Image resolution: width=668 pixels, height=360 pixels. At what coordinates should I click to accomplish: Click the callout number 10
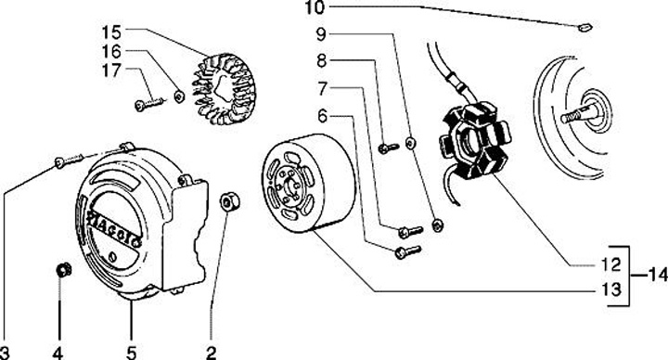coord(315,7)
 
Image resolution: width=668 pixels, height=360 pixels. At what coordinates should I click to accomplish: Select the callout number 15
coord(111,32)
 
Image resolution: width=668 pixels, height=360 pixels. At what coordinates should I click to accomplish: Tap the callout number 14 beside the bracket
coord(658,276)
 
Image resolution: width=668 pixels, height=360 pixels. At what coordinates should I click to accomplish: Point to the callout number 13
coord(611,289)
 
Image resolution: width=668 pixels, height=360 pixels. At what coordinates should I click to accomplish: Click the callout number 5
coord(131,353)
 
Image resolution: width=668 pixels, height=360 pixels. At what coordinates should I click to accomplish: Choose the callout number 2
coord(211,353)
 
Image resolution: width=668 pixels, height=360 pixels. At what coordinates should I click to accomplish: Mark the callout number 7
coord(323,89)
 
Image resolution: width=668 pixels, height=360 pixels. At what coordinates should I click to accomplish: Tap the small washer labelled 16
coord(179,96)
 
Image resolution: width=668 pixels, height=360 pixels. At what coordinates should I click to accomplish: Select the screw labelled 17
coord(149,104)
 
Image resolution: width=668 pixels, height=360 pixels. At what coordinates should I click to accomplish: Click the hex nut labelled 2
coord(230,201)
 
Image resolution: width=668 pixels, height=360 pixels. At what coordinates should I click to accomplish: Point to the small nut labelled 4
coord(64,270)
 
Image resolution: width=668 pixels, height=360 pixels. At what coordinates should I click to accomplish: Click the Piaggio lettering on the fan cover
coord(114,228)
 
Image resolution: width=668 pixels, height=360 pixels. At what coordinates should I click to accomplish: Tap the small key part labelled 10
coord(584,27)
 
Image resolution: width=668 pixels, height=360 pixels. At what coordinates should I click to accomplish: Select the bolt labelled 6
coord(407,251)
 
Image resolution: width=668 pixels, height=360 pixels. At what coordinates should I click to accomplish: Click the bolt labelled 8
coord(388,148)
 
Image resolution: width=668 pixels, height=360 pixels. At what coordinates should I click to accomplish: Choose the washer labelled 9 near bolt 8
coord(410,143)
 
